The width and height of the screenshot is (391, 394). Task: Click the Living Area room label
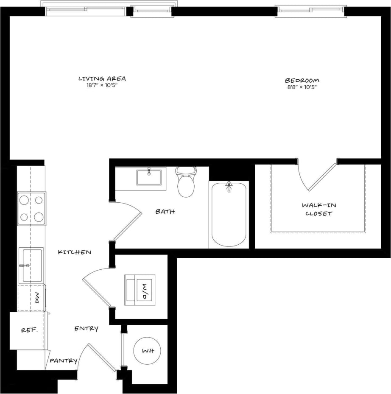[x=102, y=78]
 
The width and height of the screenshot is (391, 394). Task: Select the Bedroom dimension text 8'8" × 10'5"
[x=302, y=87]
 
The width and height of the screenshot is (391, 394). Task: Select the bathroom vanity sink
[x=149, y=177]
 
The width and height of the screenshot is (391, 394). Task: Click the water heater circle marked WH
[x=147, y=351]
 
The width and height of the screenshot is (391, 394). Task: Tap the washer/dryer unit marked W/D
[x=140, y=290]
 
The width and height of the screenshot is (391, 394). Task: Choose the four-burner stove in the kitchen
[x=31, y=209]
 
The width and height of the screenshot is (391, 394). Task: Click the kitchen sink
[x=31, y=265]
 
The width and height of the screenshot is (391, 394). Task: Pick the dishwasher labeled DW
[x=31, y=298]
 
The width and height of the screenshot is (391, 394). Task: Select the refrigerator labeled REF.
[x=30, y=330]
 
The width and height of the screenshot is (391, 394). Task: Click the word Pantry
[x=64, y=361]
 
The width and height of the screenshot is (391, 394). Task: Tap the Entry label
[x=87, y=328]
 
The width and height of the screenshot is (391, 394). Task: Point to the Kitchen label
[x=75, y=252]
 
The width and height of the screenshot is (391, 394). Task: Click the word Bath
[x=165, y=211]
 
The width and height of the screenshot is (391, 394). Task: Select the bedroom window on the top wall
[x=311, y=10]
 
